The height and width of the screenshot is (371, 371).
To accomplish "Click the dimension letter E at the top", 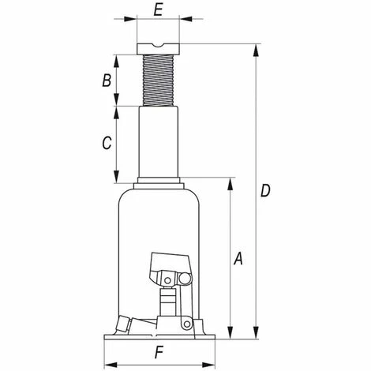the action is pos(159,10).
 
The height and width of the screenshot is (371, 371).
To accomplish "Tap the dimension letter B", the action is pos(107,81).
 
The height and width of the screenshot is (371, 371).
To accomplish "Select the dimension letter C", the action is pos(107,143).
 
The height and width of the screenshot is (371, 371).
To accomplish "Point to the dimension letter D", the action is pos(265,190).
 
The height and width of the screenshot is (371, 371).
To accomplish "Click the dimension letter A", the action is pos(238,258).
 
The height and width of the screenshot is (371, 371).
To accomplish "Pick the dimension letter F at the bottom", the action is pos(159,353).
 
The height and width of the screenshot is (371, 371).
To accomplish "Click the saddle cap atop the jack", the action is pos(158,49).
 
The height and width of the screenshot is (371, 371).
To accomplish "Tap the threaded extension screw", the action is pos(158,81).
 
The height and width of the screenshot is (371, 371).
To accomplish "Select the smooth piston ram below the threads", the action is pos(159,141).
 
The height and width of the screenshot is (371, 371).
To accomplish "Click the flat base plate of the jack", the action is pos(159,337).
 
